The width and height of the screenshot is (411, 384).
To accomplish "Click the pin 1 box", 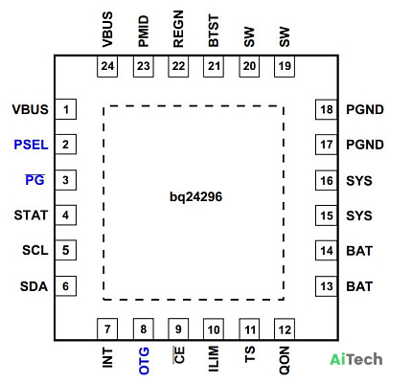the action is pos(66,109).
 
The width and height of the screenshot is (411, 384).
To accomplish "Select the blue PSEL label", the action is pos(31,145).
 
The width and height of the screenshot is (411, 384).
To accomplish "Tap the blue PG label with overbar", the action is pos(34,180).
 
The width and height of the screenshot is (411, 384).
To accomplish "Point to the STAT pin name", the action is pos(31,215).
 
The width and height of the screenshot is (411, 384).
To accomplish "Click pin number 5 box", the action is pos(66,250).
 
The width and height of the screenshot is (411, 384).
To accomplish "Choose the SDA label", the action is pos(34,286).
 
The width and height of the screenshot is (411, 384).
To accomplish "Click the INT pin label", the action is pos(107,358).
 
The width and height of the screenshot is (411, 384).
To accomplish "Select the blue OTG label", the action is pos(144,361).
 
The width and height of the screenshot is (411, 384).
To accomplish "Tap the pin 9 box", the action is pos(178,328).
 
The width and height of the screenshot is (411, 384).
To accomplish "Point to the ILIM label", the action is pos(214,359).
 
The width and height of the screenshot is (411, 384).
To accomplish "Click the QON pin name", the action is pos(285,360).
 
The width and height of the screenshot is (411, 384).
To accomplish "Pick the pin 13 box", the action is pos(327,286).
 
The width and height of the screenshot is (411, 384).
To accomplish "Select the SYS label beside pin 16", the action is pos(359,181).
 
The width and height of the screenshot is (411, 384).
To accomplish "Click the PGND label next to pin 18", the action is pos(365,110).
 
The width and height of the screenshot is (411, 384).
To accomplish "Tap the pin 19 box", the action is pos(285,66).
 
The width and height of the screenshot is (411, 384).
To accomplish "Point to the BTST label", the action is pos(214,31).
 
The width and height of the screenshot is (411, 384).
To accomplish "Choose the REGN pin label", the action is pos(178,29).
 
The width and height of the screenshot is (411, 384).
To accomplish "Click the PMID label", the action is pos(144,31).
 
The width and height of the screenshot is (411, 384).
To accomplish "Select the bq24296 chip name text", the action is pos(195,197).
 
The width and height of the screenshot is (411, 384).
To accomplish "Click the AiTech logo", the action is pos(356,359).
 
